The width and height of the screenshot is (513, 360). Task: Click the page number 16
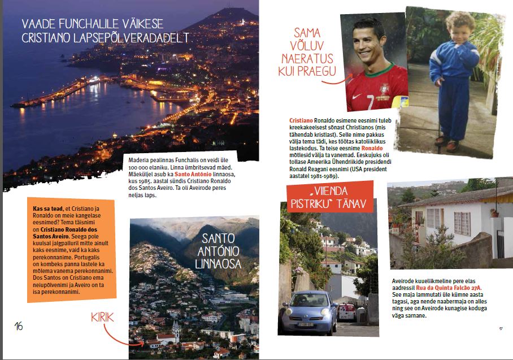point(19,326)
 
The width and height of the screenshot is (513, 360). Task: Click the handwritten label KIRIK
point(102,318)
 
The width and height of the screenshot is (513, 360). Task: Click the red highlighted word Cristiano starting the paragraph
point(299,121)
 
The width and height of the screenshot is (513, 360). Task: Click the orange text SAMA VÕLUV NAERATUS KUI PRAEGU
point(314,51)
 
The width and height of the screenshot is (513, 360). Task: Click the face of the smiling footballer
point(369,45)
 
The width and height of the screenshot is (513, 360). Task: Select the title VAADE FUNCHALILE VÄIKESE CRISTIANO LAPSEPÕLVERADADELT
point(105,31)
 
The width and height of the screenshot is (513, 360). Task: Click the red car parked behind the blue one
point(346,311)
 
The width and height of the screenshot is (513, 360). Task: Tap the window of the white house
point(462,223)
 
